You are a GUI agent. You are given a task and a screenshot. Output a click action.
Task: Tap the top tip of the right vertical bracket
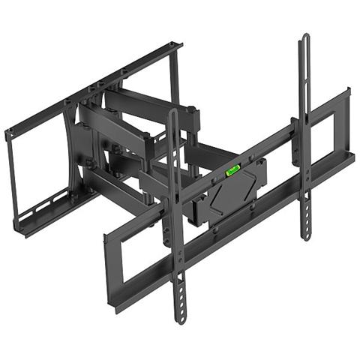pyautogui.click(x=304, y=36)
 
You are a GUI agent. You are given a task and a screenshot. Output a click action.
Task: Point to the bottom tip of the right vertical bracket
pyautogui.click(x=306, y=237)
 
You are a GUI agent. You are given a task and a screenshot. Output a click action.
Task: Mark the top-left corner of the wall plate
pyautogui.click(x=7, y=134)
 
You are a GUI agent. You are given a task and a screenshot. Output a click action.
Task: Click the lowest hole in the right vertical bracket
pyautogui.click(x=306, y=226)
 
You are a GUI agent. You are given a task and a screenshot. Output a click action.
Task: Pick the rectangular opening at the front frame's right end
pyautogui.click(x=325, y=130)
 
